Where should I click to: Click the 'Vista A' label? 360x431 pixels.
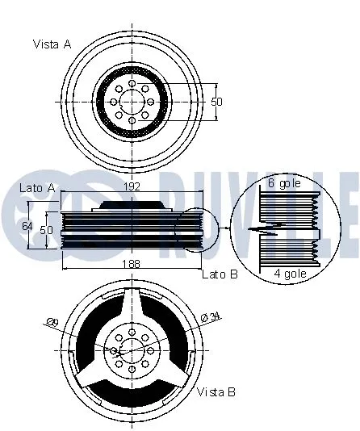pos(52,44)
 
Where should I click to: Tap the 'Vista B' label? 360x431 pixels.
pos(216,392)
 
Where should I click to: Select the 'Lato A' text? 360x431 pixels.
pos(36,188)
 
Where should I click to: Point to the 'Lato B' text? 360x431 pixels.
pos(220,274)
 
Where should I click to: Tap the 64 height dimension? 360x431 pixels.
pos(27,226)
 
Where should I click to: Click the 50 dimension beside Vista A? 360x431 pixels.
pos(216,102)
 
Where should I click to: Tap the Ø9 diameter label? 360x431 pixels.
pos(53,324)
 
